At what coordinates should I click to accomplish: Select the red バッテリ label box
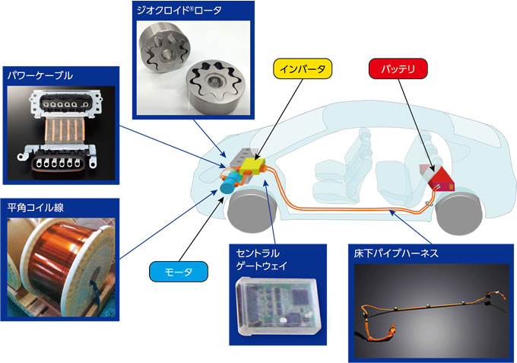point(398,68)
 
